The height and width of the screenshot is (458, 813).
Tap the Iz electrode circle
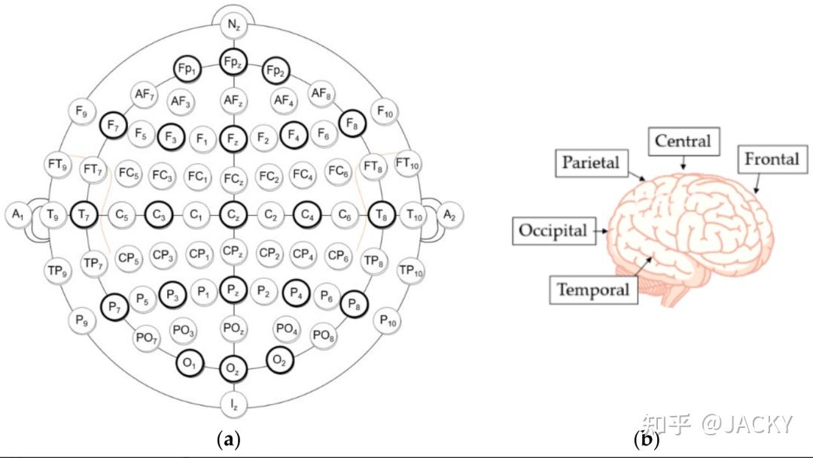pyautogui.click(x=233, y=405)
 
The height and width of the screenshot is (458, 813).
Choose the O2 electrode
pyautogui.click(x=280, y=360)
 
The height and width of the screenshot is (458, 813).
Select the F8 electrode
pyautogui.click(x=352, y=123)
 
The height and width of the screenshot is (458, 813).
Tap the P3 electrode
pyautogui.click(x=173, y=294)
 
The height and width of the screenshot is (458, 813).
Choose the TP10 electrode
pyautogui.click(x=411, y=270)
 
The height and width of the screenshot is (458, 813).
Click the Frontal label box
pyautogui.click(x=772, y=159)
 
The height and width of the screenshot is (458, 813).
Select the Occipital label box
pyautogui.click(x=552, y=230)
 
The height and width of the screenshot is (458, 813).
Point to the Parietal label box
pyautogui.click(x=590, y=162)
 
